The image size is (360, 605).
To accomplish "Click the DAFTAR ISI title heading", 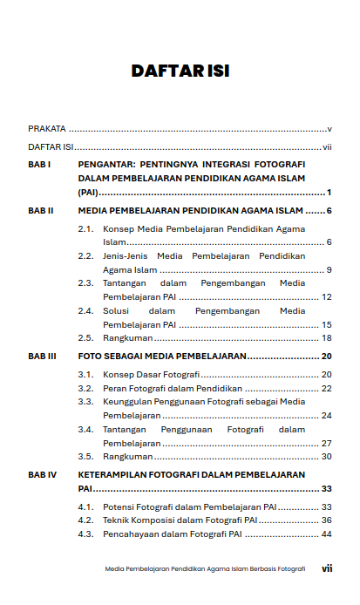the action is pyautogui.click(x=180, y=71).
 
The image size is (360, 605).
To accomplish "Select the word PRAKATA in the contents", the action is pyautogui.click(x=47, y=128).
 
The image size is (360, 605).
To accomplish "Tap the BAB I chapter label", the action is pyautogui.click(x=39, y=164).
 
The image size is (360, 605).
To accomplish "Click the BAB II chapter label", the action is pyautogui.click(x=41, y=211).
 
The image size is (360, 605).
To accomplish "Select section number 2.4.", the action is pyautogui.click(x=85, y=310).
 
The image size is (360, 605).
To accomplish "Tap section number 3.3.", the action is pyautogui.click(x=85, y=401).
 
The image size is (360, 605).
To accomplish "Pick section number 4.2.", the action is pyautogui.click(x=85, y=520).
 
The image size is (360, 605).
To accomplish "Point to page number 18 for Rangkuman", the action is pyautogui.click(x=327, y=337).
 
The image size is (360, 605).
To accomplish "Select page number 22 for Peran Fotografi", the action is pyautogui.click(x=327, y=388).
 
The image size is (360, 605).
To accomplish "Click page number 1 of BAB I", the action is pyautogui.click(x=329, y=192).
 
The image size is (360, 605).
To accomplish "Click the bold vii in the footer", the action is pyautogui.click(x=327, y=568).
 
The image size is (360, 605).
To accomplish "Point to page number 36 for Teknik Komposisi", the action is pyautogui.click(x=327, y=520).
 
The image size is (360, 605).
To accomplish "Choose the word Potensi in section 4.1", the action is pyautogui.click(x=119, y=506).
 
